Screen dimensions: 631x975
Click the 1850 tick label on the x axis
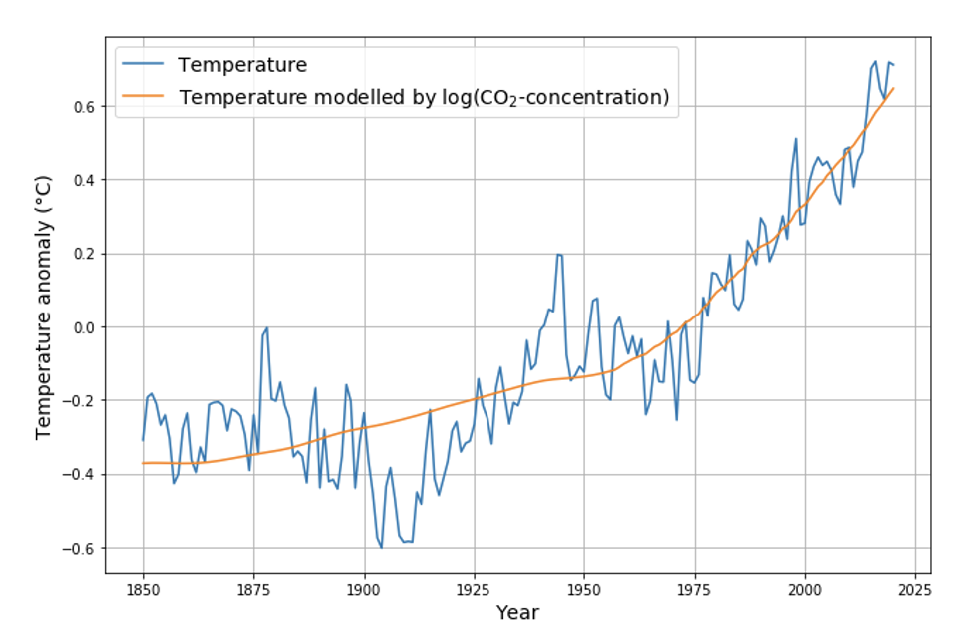[143, 588]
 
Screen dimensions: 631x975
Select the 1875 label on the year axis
[254, 588]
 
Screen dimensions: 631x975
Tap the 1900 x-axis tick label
[364, 588]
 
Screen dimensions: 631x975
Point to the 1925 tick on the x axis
[475, 588]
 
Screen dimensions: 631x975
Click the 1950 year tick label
[584, 588]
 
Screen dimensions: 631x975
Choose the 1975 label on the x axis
[695, 588]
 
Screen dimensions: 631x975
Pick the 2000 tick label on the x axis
[805, 588]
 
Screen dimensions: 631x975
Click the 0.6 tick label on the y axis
[85, 106]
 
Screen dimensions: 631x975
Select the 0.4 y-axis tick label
[85, 180]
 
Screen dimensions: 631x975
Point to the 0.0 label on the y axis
[85, 327]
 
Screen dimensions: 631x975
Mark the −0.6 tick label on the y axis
[80, 548]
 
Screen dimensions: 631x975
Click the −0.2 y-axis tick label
[80, 401]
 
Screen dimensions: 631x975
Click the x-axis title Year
[517, 612]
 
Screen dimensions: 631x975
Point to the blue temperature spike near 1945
[559, 255]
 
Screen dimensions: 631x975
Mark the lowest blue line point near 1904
[381, 547]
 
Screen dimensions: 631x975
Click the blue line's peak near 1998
[796, 139]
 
